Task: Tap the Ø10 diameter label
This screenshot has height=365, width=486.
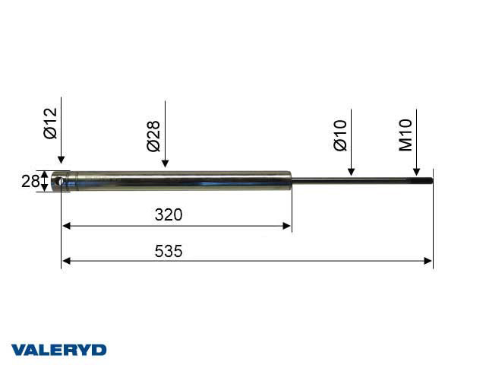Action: coord(339,135)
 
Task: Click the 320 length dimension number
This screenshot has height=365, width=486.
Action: coord(169,215)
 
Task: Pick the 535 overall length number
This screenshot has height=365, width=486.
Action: coord(169,251)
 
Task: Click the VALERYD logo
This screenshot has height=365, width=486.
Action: coord(58,349)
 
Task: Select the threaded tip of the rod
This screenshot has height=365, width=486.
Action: coord(421,181)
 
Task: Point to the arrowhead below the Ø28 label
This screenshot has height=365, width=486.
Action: coord(166,164)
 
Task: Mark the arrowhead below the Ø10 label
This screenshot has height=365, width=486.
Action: coord(351,171)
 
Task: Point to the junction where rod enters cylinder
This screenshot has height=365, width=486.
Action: coord(292,181)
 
